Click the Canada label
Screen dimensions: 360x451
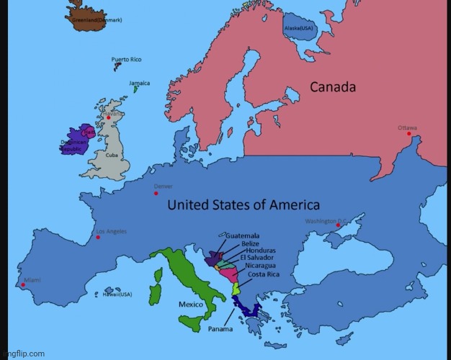point(333,87)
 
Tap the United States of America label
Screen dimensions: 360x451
point(244,205)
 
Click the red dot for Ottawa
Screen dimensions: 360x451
point(408,134)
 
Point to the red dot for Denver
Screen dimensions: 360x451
point(156,193)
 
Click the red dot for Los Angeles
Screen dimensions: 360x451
point(98,237)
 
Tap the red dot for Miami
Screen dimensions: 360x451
point(23,284)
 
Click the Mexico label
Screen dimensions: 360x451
point(190,304)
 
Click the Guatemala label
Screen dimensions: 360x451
point(243,235)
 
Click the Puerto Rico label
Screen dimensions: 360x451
point(125,60)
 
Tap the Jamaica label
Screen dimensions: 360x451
point(140,83)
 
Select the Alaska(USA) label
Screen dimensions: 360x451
point(299,27)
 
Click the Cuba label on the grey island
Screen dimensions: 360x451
point(112,155)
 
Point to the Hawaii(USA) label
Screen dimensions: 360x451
point(117,294)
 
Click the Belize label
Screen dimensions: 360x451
point(251,243)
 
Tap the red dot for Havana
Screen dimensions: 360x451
point(109,118)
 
